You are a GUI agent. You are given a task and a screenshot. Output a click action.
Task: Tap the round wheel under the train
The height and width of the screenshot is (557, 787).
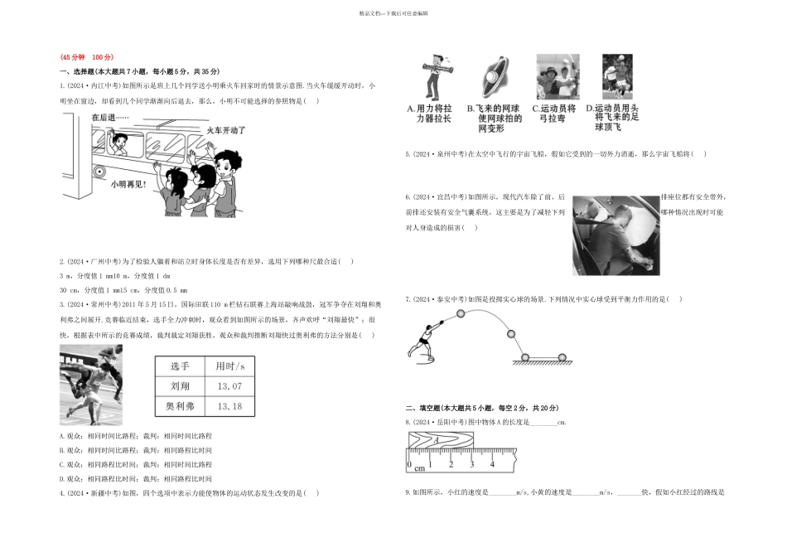pos(99,171)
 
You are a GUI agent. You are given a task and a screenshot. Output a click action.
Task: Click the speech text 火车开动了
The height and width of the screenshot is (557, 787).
pos(225,130)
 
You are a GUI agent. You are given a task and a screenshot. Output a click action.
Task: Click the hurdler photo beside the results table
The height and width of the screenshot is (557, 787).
pos(91,385)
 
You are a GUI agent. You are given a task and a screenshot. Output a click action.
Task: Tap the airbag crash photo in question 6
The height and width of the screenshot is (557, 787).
pos(616,235)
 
